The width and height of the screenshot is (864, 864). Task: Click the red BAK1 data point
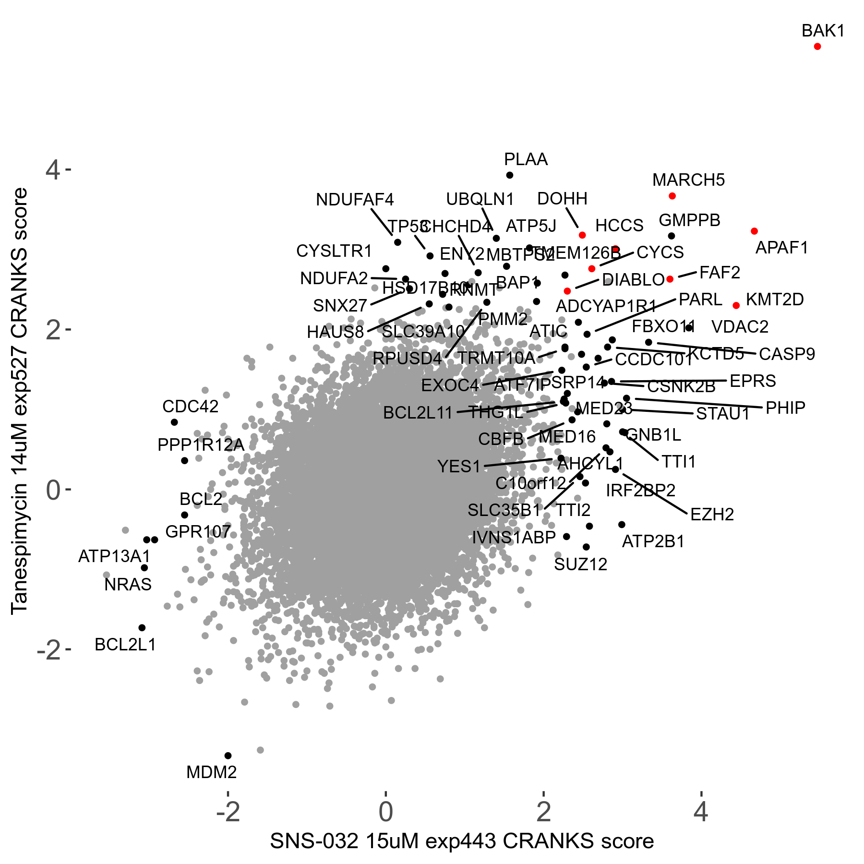coord(817,47)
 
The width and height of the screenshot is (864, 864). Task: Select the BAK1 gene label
coord(823,31)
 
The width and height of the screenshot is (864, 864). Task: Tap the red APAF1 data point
coord(754,231)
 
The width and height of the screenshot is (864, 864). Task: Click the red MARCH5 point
coord(672,196)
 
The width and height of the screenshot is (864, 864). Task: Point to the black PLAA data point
coord(510,175)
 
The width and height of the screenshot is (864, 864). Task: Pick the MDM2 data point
coord(228,756)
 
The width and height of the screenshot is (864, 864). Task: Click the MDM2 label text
coord(211,772)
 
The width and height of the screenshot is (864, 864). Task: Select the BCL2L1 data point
coord(142,628)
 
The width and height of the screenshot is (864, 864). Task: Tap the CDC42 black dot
coord(174,422)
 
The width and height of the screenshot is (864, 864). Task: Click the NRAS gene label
coord(128,585)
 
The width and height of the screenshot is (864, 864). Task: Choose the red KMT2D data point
coord(736,306)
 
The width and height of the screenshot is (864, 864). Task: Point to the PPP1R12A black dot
coord(184,461)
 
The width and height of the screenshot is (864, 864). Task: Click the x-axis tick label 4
coord(701,812)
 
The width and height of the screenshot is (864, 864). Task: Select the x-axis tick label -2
coord(228,812)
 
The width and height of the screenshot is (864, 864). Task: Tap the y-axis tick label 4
coord(53,170)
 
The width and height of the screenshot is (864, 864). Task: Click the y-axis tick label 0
coord(53,490)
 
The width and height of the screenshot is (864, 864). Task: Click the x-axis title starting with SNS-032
coord(462,841)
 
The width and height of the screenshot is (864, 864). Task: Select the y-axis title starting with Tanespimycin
coord(20,401)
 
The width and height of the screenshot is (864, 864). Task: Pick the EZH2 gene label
coord(712,515)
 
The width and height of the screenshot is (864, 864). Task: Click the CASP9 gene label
coord(787,354)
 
